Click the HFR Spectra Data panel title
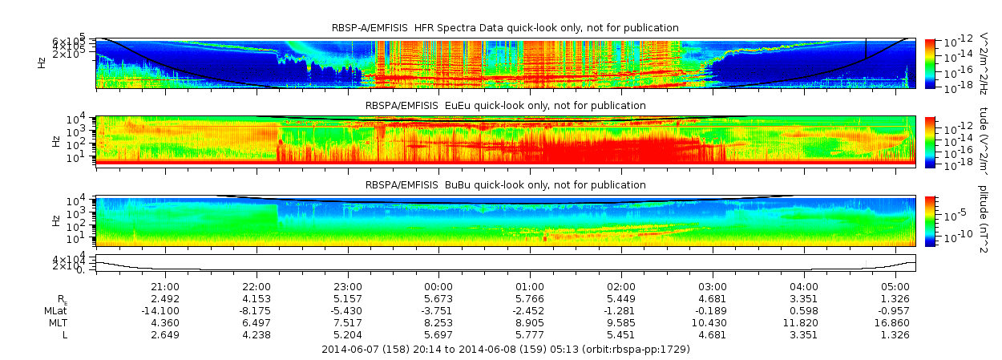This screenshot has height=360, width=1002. (505, 28)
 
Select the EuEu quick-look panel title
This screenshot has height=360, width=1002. (505, 106)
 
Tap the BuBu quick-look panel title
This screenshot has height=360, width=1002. (505, 184)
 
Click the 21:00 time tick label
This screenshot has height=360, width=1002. (165, 286)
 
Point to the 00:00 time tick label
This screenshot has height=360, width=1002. (438, 286)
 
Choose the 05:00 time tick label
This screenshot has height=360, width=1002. (895, 286)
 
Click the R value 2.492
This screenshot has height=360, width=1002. (165, 298)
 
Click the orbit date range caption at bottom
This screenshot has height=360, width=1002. (505, 350)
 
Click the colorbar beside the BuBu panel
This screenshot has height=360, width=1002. (929, 220)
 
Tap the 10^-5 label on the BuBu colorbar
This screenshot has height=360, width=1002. (951, 215)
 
